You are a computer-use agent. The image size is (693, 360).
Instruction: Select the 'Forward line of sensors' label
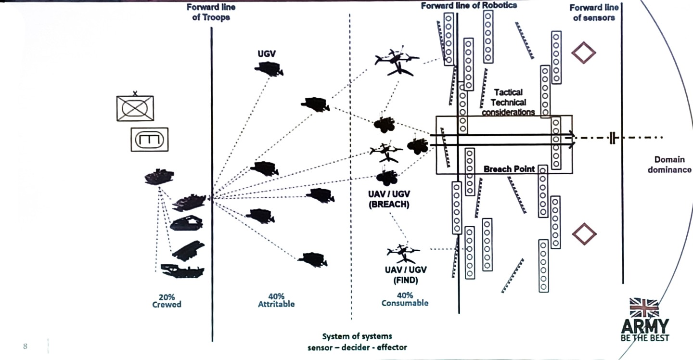click(594, 13)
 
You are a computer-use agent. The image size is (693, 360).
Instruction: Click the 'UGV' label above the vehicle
click(267, 54)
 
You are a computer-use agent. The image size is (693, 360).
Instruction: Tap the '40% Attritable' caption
click(276, 300)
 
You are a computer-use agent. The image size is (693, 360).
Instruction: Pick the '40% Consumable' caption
click(405, 299)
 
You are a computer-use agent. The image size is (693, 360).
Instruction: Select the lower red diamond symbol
click(584, 234)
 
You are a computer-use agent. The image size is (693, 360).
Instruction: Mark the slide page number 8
click(25, 346)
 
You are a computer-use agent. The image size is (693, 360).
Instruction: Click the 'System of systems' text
click(357, 336)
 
